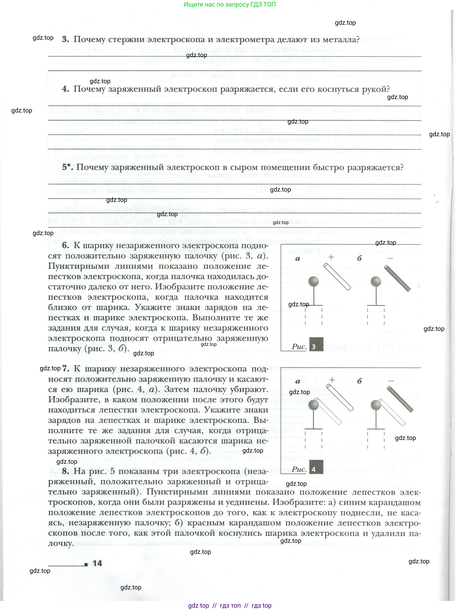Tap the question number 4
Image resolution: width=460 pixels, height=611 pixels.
click(65, 89)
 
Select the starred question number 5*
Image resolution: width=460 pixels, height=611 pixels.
click(67, 167)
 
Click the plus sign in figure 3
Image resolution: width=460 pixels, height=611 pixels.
click(331, 257)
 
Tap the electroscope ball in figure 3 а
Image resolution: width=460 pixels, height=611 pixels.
click(313, 281)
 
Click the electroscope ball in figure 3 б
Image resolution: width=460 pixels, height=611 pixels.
click(376, 281)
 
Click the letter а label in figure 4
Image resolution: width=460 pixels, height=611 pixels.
click(297, 381)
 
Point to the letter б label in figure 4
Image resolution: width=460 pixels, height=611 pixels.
click(359, 381)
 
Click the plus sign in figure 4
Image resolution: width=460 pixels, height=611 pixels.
click(332, 380)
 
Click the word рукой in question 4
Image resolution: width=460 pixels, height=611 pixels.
click(375, 89)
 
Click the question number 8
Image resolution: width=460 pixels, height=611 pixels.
click(65, 471)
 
